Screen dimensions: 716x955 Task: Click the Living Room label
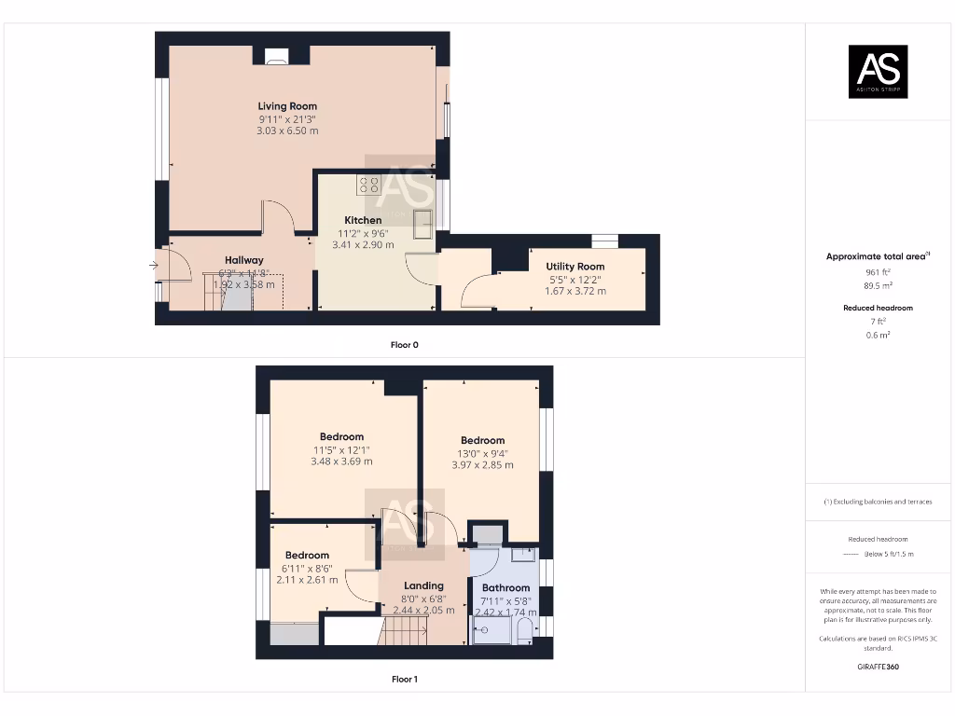point(287,106)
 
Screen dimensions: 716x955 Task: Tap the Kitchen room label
point(363,220)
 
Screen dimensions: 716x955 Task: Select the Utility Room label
point(574,267)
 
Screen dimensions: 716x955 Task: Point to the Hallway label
point(243,260)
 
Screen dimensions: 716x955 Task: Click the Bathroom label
point(505,587)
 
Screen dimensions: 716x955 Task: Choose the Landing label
point(423,585)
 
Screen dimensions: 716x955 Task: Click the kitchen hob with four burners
point(368,185)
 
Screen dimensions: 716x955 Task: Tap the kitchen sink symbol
point(423,224)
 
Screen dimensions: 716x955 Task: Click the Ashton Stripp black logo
point(878,72)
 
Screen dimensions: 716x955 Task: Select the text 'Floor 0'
point(404,345)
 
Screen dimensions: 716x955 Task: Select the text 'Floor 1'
point(404,680)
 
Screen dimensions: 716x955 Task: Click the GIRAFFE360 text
point(878,667)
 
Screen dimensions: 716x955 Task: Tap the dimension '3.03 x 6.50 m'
point(287,131)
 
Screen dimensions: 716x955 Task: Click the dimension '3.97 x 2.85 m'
point(482,465)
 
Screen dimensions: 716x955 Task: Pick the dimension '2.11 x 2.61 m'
point(307,579)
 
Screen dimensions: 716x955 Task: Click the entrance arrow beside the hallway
point(154,266)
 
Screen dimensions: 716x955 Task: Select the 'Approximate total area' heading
point(876,256)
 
